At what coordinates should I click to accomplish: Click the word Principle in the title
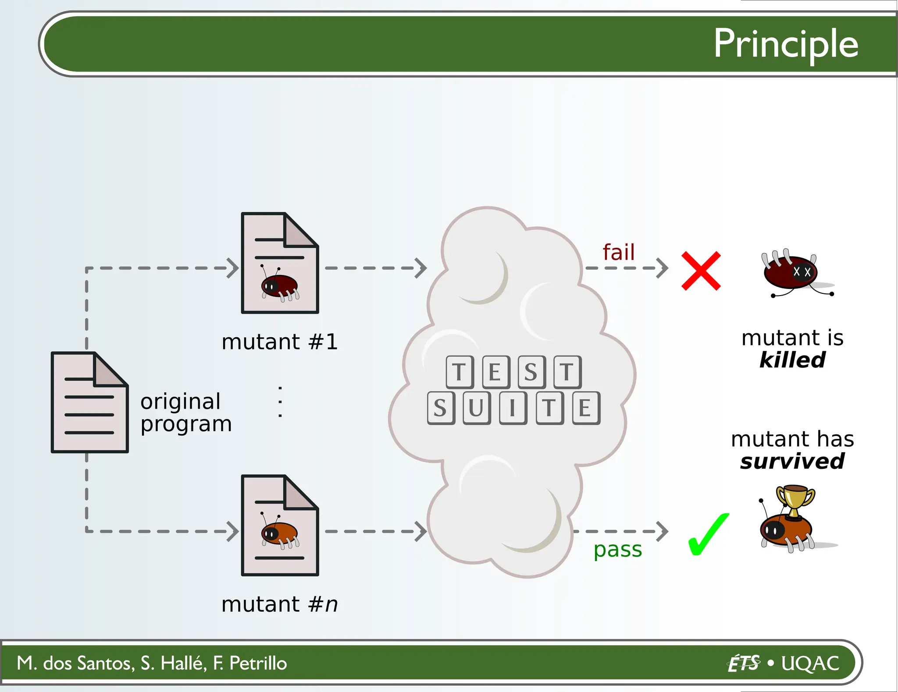pyautogui.click(x=785, y=44)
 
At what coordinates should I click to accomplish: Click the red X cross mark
pyautogui.click(x=701, y=271)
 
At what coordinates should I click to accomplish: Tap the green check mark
pyautogui.click(x=708, y=534)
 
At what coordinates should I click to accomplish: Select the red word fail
pyautogui.click(x=618, y=252)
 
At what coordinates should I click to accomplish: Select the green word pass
pyautogui.click(x=617, y=549)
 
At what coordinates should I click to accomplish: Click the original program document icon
pyautogui.click(x=89, y=402)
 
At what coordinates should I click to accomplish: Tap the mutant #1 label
pyautogui.click(x=279, y=342)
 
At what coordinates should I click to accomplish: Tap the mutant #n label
pyautogui.click(x=279, y=604)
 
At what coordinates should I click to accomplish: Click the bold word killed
pyautogui.click(x=792, y=360)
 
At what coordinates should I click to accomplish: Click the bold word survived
pyautogui.click(x=792, y=461)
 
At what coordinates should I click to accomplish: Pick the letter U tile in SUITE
pyautogui.click(x=476, y=408)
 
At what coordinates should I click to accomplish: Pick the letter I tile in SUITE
pyautogui.click(x=512, y=408)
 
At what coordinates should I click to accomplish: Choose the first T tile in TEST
pyautogui.click(x=459, y=372)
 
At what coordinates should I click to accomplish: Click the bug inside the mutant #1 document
pyautogui.click(x=279, y=285)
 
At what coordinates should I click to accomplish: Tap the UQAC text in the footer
pyautogui.click(x=810, y=663)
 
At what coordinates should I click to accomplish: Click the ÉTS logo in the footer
pyautogui.click(x=744, y=663)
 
